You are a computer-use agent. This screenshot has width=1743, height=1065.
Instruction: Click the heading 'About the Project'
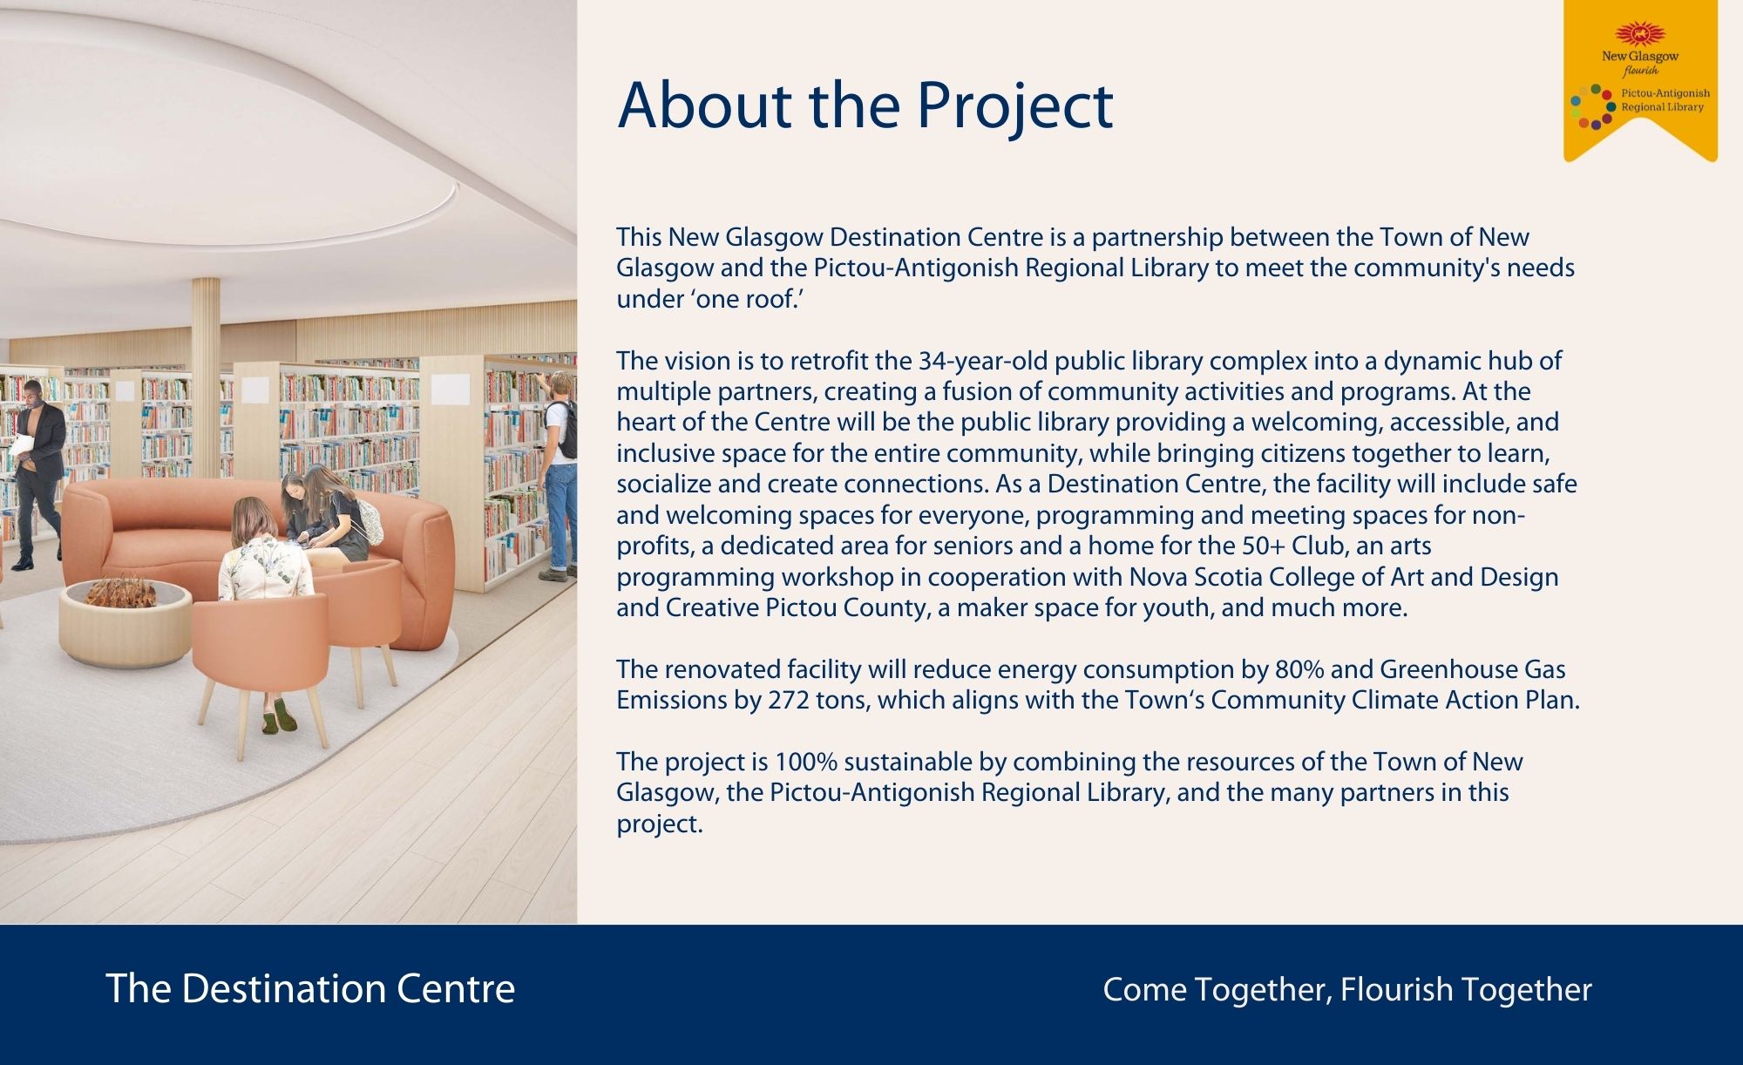[865, 107]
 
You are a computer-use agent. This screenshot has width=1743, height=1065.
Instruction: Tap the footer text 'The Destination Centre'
[310, 989]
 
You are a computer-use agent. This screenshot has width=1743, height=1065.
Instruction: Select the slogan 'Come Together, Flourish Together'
[1347, 990]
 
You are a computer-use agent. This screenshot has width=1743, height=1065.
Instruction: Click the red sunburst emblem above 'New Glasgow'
[1639, 34]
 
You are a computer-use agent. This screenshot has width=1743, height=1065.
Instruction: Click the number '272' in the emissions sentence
[788, 700]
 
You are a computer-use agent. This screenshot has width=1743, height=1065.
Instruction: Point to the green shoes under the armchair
[281, 716]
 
